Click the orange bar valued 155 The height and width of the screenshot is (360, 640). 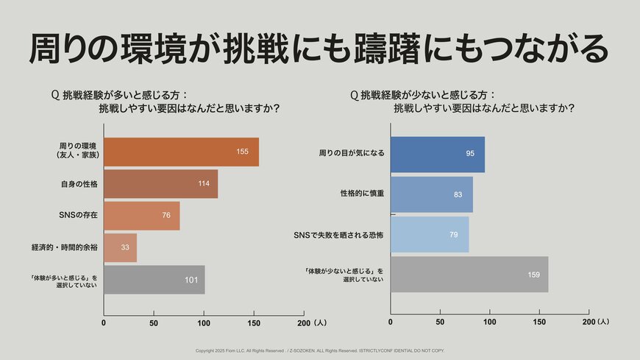tap(181, 152)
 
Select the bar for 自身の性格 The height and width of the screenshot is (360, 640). tap(160, 184)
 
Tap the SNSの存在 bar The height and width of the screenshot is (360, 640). tap(141, 216)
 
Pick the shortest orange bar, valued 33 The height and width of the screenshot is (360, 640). tap(120, 247)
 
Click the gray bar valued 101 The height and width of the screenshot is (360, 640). tap(154, 280)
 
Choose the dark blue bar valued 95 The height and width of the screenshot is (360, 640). tap(437, 154)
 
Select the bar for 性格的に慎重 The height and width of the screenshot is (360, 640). tap(431, 194)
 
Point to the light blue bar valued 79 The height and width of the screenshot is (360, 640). tap(429, 234)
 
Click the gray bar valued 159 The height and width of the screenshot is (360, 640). tap(469, 275)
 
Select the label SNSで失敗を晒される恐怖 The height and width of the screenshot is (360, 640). tap(339, 235)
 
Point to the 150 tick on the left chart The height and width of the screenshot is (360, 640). tap(255, 323)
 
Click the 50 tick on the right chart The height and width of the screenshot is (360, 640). tap(440, 322)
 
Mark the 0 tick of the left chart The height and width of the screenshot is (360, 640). tap(104, 323)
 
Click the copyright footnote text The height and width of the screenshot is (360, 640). tap(319, 350)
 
